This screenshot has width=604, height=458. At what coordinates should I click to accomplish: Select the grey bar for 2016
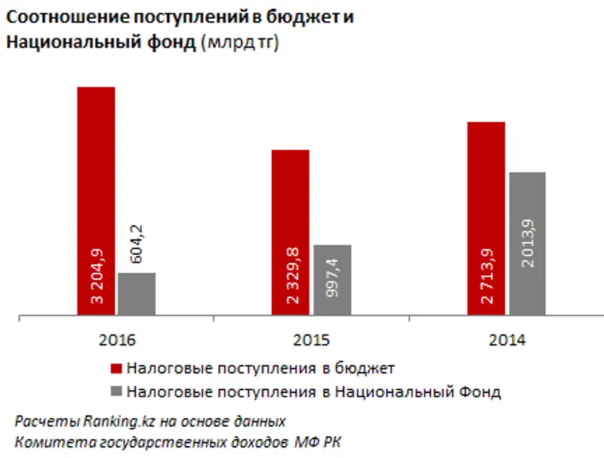tap(137, 294)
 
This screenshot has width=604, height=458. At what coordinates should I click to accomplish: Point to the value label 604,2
tap(137, 241)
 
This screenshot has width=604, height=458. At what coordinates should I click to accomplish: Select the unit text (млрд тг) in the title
tap(240, 44)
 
